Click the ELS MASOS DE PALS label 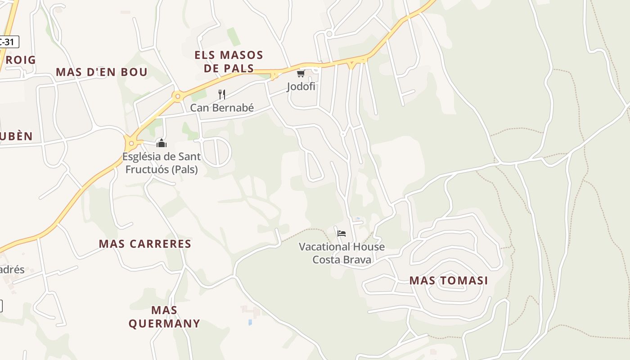(229, 62)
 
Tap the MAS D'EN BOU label (102, 72)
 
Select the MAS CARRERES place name (145, 244)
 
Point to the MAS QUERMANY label (164, 317)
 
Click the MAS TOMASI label (448, 281)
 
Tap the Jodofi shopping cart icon (301, 73)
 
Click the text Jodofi (301, 86)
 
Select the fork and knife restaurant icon (221, 94)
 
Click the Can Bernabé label (222, 108)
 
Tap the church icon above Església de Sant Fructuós (162, 143)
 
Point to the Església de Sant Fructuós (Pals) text (162, 163)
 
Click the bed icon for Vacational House (342, 233)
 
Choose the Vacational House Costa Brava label (342, 253)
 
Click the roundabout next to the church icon (131, 144)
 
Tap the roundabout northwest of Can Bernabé (178, 96)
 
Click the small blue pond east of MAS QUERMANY (250, 322)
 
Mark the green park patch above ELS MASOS (234, 36)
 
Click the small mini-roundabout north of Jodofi (329, 34)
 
